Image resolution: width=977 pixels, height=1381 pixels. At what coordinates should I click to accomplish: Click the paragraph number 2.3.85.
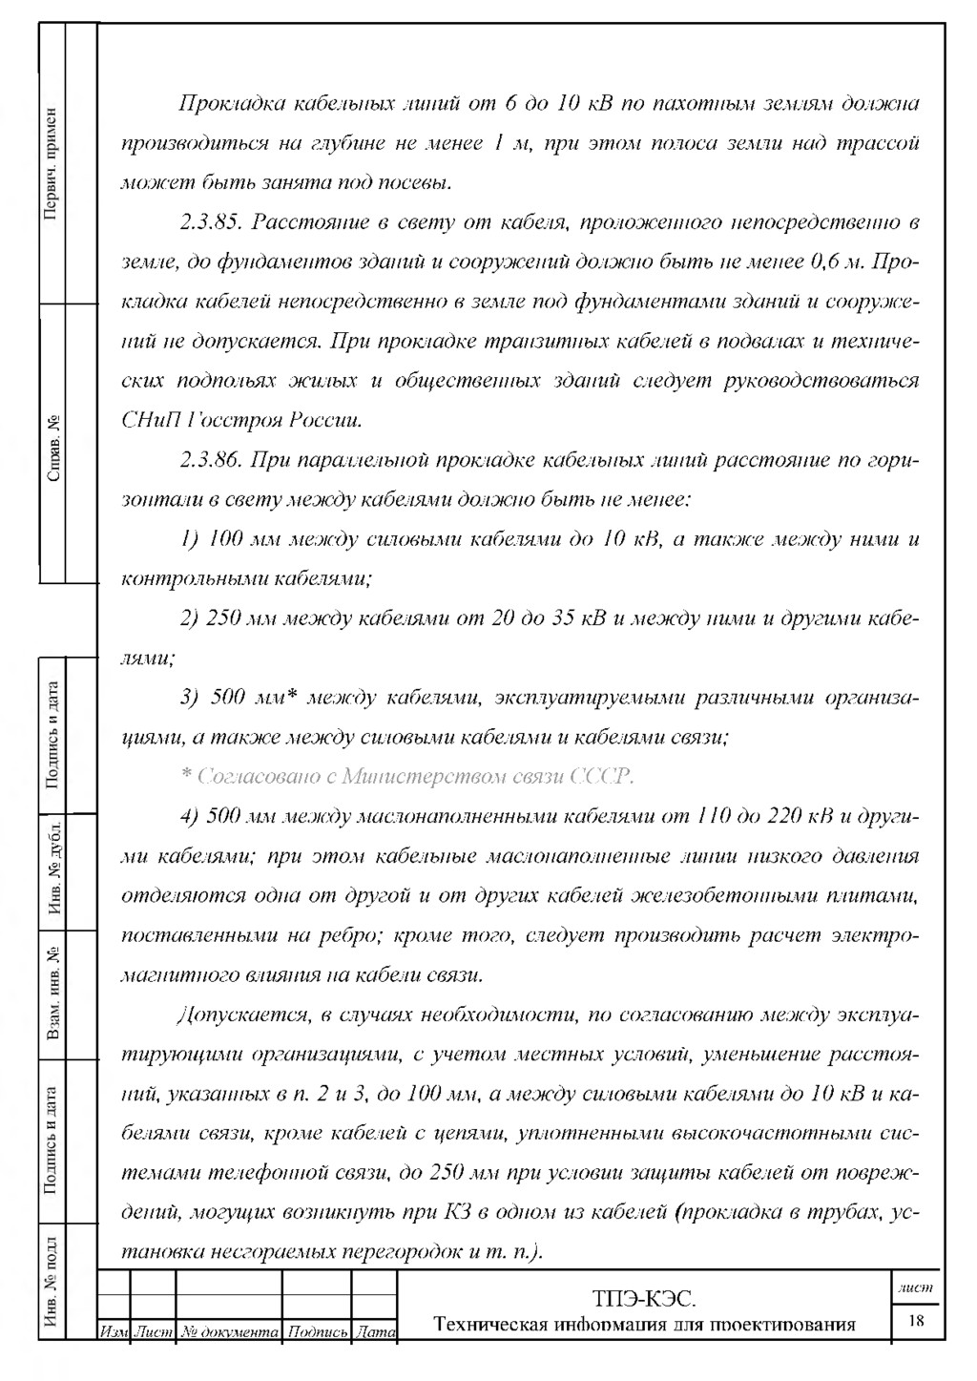pos(211,223)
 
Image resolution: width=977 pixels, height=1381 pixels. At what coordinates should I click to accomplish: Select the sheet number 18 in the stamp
pos(917,1322)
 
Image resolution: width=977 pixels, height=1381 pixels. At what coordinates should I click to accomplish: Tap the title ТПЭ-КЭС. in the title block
pos(644,1298)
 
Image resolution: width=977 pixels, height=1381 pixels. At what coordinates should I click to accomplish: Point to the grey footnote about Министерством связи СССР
pos(407,777)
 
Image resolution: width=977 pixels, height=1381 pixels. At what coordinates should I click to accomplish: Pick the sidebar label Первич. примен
pos(52,162)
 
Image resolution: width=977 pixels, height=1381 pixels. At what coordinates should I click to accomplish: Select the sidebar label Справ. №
pos(52,447)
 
